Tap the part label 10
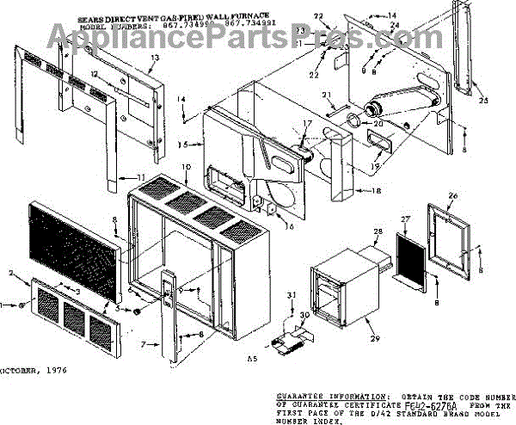coord(185,165)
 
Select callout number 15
coord(181,144)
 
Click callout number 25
coord(482,102)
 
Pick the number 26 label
coord(452,195)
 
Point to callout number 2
coord(10,274)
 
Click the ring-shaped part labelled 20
coord(353,122)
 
